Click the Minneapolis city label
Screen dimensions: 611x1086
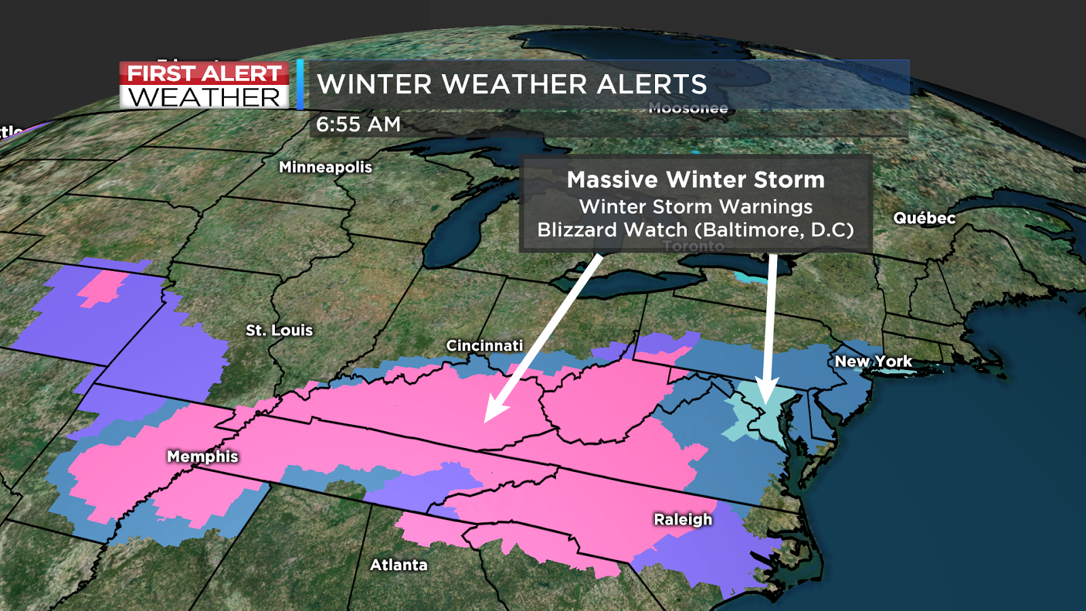[325, 167]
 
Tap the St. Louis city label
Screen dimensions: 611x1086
[279, 331]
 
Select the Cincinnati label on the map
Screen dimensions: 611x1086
[484, 346]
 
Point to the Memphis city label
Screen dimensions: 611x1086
[202, 456]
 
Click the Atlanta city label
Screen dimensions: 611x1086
[398, 565]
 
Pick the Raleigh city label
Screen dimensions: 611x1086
[683, 519]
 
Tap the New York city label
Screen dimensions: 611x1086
[873, 361]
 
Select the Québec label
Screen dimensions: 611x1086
[924, 218]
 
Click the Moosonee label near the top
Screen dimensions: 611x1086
[688, 108]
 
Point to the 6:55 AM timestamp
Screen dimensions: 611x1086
[358, 124]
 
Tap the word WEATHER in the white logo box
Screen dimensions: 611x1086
[204, 97]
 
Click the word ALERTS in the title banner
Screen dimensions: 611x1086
[652, 84]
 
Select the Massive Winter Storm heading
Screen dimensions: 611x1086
[696, 180]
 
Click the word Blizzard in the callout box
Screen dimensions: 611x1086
[578, 230]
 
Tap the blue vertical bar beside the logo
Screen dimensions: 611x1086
[300, 84]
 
